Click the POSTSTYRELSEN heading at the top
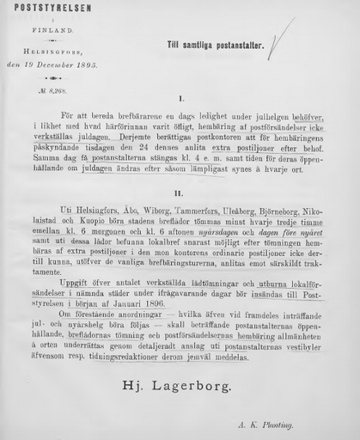[x=40, y=9]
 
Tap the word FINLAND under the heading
[x=47, y=28]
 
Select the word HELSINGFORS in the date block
[x=50, y=52]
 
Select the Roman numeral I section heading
[x=180, y=100]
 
